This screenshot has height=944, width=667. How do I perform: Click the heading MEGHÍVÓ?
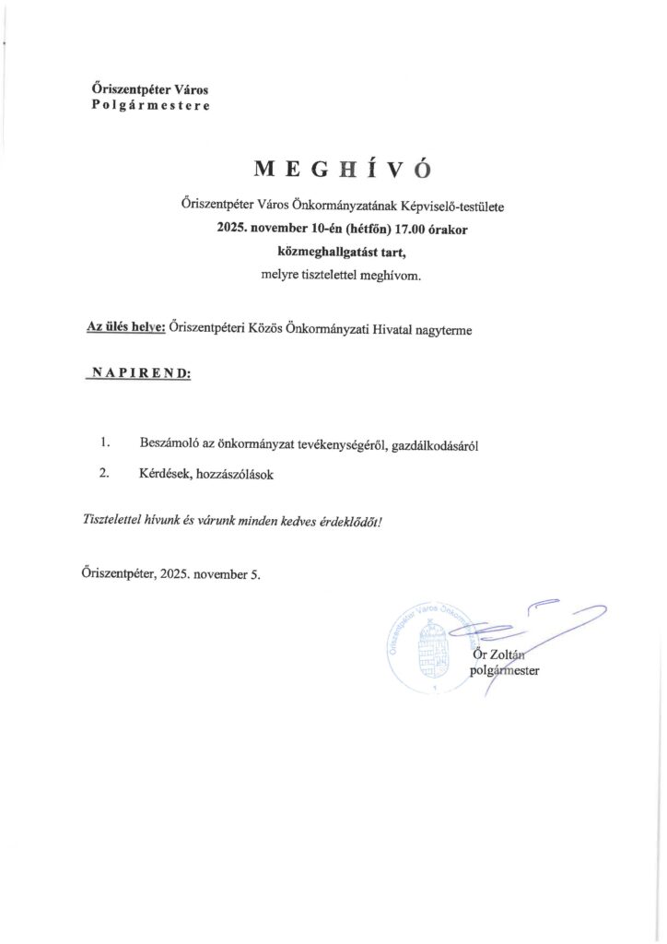pyautogui.click(x=343, y=170)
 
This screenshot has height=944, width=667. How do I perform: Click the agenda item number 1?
pyautogui.click(x=106, y=444)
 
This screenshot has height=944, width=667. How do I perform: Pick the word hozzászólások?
pyautogui.click(x=232, y=475)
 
